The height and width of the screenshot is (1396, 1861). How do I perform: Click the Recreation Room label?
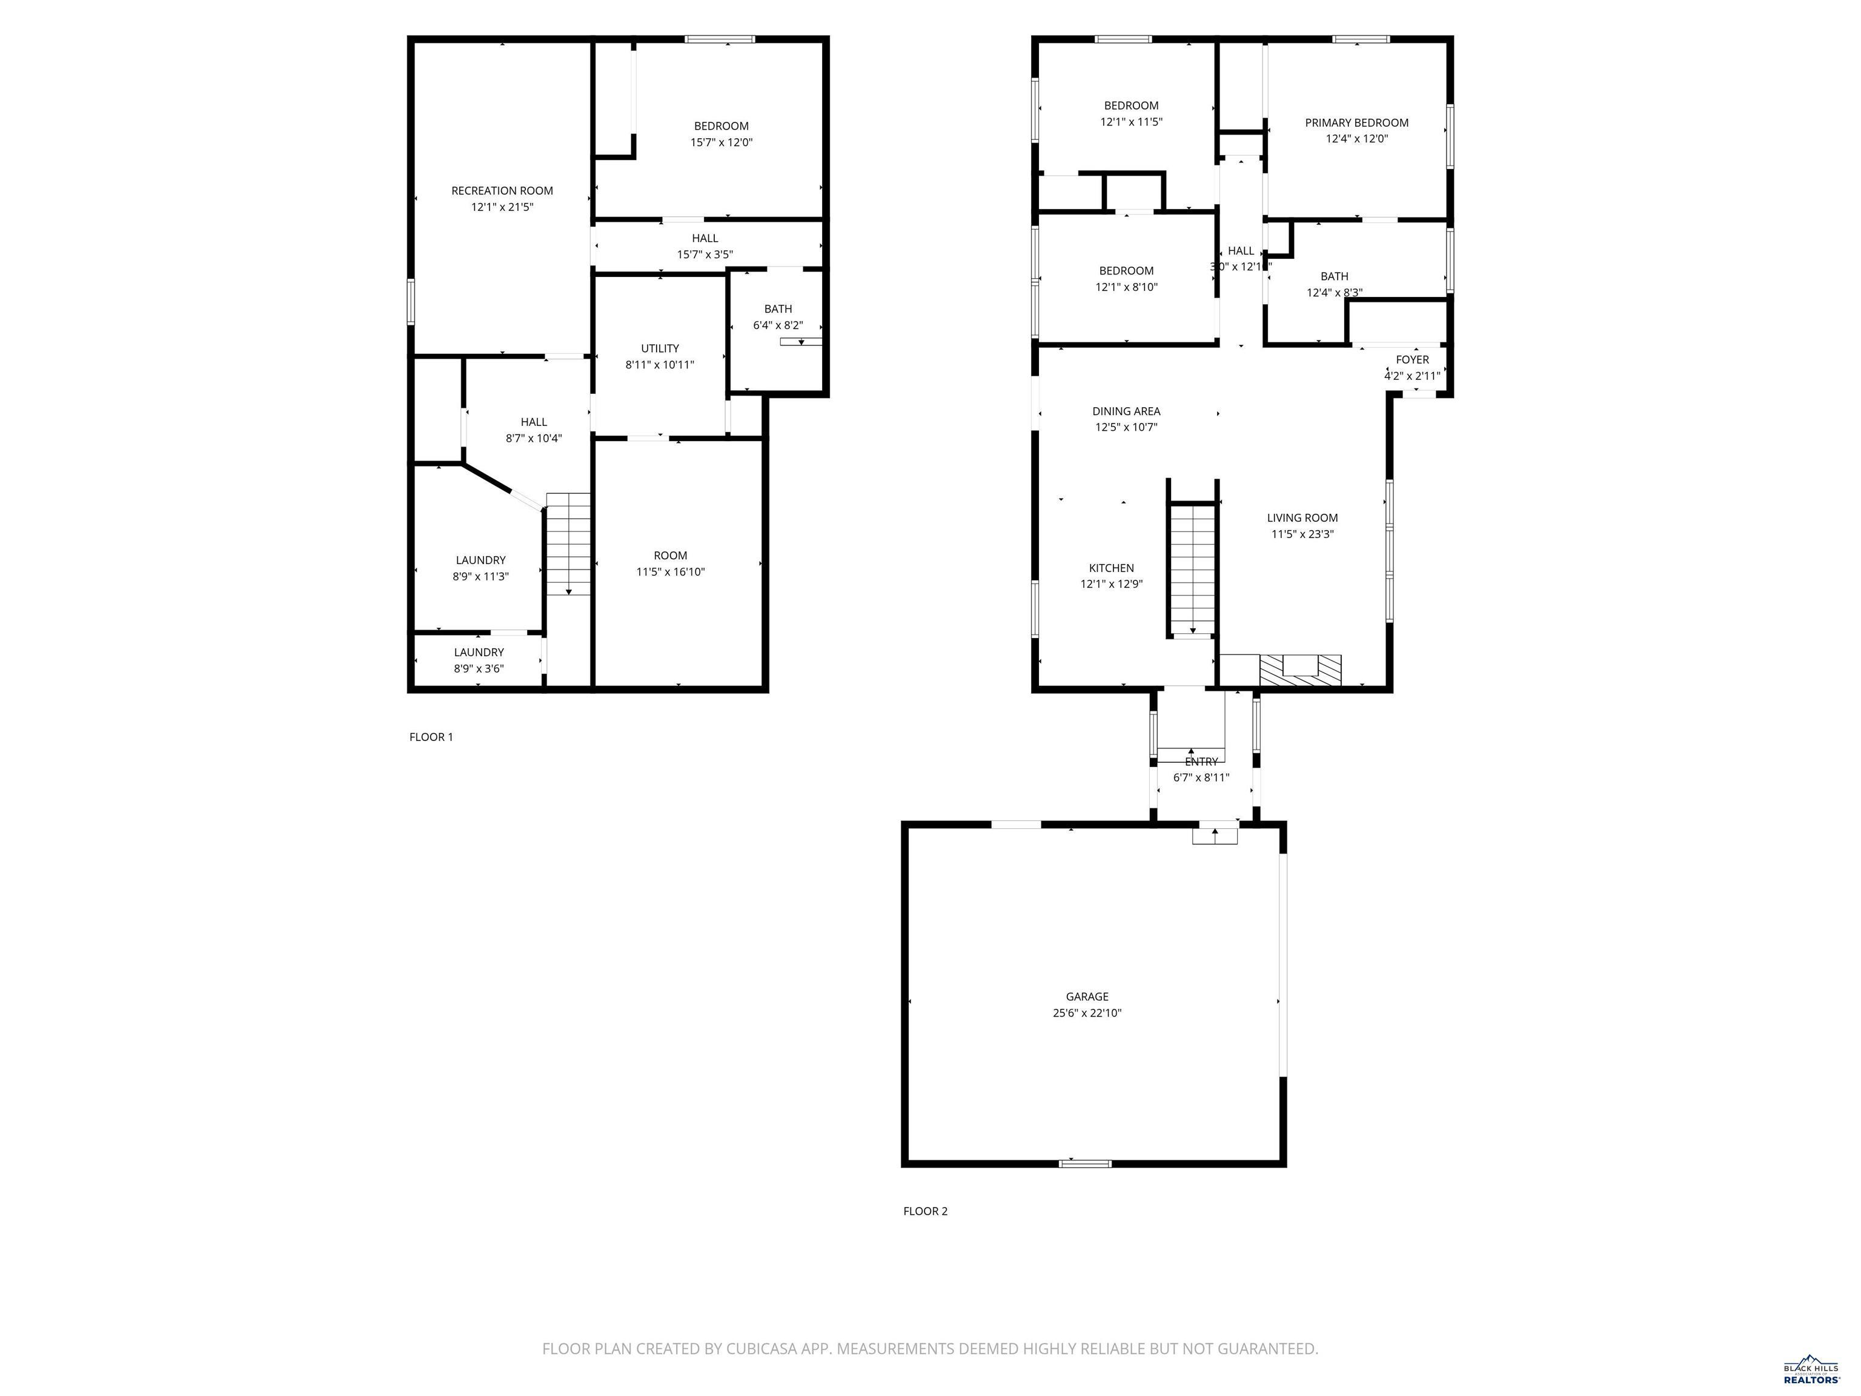502,191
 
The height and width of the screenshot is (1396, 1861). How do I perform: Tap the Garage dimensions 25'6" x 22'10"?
1087,1013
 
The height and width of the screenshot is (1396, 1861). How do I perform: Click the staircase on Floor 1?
569,543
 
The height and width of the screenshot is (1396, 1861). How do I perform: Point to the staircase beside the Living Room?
1193,569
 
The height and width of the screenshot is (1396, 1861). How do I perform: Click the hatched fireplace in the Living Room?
1300,670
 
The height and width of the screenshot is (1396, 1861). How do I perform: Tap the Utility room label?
660,348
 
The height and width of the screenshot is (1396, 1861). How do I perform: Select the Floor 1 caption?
431,737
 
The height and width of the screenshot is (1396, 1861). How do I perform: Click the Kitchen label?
1112,568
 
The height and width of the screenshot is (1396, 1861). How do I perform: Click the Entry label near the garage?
1201,762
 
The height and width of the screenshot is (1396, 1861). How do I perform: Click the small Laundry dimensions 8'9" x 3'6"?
479,669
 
